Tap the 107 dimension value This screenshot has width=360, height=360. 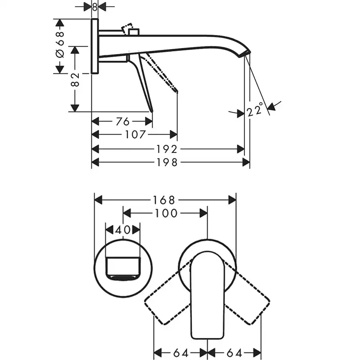[x=135, y=134]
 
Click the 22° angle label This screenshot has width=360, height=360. [x=255, y=109]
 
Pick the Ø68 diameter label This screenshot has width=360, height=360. [x=60, y=45]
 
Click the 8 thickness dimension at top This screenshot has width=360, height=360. [x=94, y=7]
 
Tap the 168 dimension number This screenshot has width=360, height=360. [x=165, y=199]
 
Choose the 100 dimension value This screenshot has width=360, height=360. [x=165, y=213]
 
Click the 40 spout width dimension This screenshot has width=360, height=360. [x=122, y=229]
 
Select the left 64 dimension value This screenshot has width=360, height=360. [x=181, y=352]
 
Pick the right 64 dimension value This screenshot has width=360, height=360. [x=234, y=352]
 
